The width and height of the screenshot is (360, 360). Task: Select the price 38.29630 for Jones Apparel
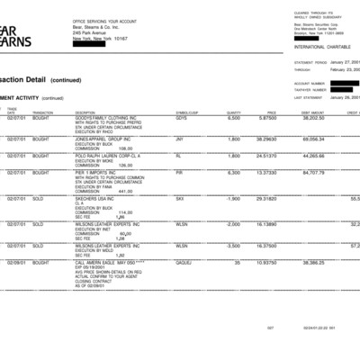(265, 139)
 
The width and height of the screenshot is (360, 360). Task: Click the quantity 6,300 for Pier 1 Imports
(233, 174)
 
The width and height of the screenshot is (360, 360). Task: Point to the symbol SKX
(180, 198)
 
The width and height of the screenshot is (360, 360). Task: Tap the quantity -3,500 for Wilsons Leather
(232, 245)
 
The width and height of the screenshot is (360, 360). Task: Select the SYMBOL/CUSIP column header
(186, 112)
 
